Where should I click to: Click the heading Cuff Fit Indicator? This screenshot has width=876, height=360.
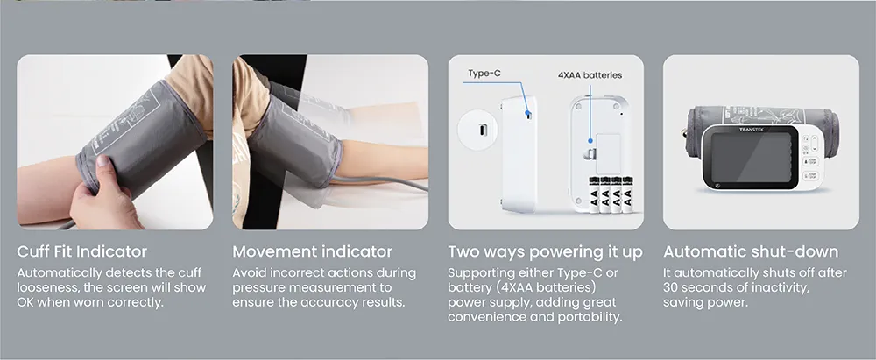[x=82, y=251]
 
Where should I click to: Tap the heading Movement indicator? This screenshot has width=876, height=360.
[x=313, y=251]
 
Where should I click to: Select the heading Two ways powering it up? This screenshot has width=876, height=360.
[x=545, y=252]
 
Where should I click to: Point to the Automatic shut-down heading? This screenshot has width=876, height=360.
[x=751, y=251]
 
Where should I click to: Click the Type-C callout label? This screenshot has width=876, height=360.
[x=484, y=74]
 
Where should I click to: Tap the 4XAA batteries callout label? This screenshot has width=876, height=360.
[x=590, y=75]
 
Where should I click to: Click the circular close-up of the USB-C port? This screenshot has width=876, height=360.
[x=477, y=129]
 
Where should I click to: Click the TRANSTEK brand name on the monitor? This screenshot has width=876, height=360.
[x=751, y=130]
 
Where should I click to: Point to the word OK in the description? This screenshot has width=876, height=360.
[x=25, y=302]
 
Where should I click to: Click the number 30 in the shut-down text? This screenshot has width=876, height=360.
[x=671, y=288]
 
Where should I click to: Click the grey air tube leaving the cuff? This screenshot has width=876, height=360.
[x=380, y=183]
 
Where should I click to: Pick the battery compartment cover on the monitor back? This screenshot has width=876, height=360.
[x=608, y=154]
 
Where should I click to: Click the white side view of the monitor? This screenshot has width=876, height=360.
[x=519, y=154]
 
